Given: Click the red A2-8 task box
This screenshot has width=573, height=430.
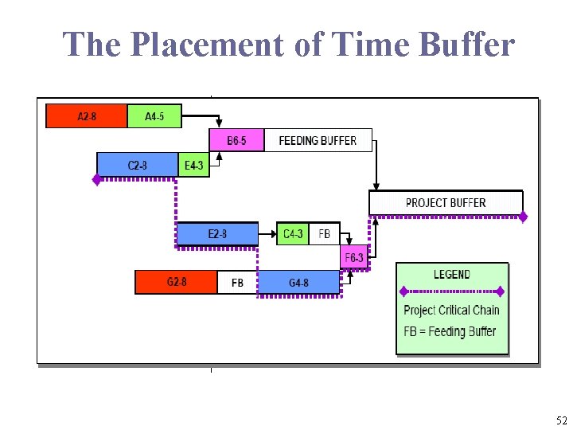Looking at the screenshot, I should click(87, 116).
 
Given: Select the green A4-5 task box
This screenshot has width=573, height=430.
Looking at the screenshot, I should click(154, 116).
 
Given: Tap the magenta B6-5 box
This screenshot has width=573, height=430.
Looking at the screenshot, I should click(236, 140).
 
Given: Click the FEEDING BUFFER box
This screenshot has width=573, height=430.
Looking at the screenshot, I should click(318, 140).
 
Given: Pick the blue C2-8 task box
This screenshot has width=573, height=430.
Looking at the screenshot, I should click(137, 165).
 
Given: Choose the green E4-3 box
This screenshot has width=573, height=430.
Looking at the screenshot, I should click(193, 165).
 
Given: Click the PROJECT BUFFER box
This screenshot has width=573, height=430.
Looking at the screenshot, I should click(445, 202).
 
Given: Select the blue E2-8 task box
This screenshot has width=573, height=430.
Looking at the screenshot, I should click(217, 234).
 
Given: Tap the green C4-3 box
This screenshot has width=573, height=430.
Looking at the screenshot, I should click(293, 234).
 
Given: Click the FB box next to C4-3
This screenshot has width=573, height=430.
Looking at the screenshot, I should click(324, 234).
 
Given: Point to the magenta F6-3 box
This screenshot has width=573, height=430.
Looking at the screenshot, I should click(354, 257).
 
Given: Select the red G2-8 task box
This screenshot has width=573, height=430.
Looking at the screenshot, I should click(176, 282).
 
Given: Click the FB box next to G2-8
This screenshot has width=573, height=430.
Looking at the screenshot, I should click(237, 283).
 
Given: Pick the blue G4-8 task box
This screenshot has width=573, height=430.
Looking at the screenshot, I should click(299, 283).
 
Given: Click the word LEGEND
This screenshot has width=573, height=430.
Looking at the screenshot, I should click(452, 275).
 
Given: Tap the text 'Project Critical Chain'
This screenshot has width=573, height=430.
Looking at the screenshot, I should click(451, 311).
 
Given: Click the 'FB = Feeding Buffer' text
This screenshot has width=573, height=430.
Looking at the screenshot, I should click(450, 331).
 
